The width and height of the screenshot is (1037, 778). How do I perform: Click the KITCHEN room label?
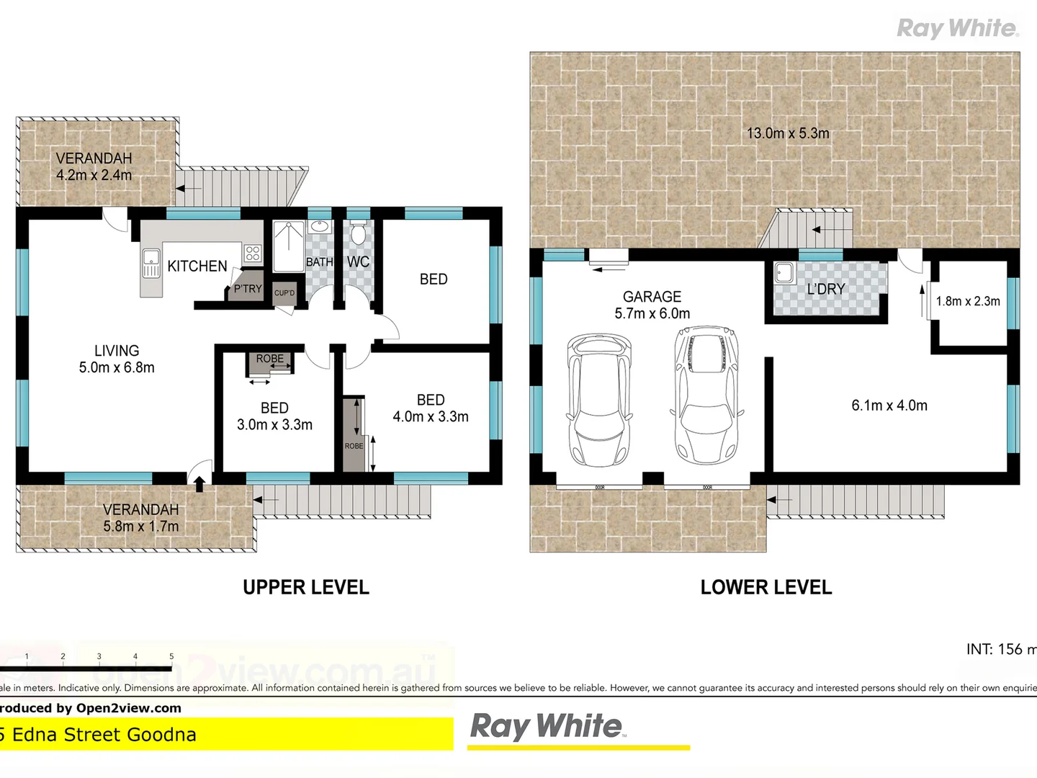click(197, 267)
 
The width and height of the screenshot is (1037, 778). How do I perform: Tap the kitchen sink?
click(151, 263)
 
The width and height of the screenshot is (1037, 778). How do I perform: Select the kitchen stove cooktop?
click(252, 253)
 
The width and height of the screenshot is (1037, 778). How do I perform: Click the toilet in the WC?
click(358, 233)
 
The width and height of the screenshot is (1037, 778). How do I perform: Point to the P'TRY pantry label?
click(248, 289)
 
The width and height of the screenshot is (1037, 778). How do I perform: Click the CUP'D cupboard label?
click(284, 292)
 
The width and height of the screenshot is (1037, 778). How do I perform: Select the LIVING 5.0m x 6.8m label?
click(117, 359)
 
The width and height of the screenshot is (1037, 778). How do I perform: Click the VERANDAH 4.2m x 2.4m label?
click(94, 166)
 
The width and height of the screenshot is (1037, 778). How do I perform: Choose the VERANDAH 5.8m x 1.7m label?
click(140, 518)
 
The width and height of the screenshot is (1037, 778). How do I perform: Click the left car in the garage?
click(599, 400)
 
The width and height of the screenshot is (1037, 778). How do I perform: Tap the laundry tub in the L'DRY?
click(784, 273)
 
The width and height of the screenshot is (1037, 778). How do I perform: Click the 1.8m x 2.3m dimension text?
click(968, 301)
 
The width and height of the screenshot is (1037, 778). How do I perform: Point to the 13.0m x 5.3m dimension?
click(788, 133)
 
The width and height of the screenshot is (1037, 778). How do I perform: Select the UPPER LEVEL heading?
click(306, 587)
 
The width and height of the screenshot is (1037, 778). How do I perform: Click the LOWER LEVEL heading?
click(766, 587)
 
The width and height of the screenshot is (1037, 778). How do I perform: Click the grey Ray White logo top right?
click(957, 28)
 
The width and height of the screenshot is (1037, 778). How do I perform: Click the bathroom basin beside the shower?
click(319, 228)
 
